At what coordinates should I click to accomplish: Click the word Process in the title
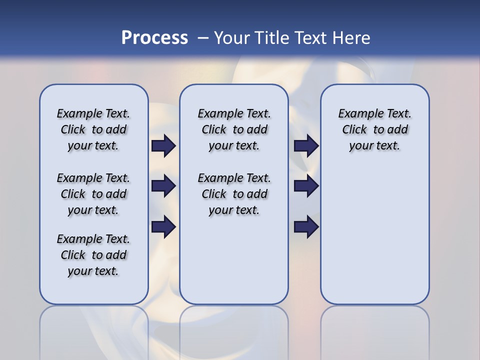(154, 38)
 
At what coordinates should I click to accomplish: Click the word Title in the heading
(271, 38)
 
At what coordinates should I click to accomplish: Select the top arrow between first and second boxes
(163, 145)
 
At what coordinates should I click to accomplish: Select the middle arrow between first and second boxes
(163, 186)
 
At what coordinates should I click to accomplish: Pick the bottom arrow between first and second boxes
(163, 226)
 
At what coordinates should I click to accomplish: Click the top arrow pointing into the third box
(306, 145)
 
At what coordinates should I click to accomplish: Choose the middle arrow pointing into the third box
(306, 186)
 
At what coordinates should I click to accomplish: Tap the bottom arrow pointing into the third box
(306, 226)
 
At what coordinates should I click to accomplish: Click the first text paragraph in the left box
(93, 129)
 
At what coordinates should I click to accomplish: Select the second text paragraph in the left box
(93, 194)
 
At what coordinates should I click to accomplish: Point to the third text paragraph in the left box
(93, 255)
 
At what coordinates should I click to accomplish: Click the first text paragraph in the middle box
(234, 129)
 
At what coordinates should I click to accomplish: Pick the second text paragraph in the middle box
(234, 194)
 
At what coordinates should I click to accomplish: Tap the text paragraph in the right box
(374, 129)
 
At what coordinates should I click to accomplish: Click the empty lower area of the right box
(374, 240)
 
